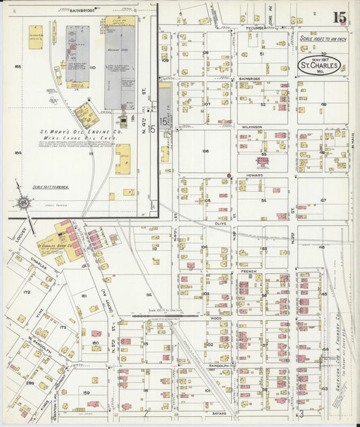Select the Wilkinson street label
(251, 126)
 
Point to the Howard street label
(254, 175)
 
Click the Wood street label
(215, 317)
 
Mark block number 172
(27, 292)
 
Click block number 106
(204, 151)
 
